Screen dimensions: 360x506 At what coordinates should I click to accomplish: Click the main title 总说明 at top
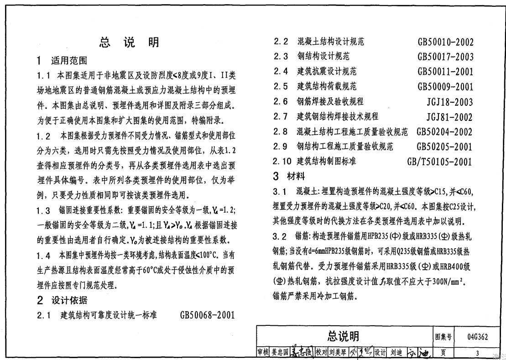pos(129,42)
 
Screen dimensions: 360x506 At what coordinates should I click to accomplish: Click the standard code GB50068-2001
pos(207,315)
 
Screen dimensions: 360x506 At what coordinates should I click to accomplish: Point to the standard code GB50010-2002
pos(445,42)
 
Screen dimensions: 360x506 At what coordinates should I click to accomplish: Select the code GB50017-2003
pos(445,57)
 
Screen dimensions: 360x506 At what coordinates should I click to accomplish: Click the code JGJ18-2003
pos(449,102)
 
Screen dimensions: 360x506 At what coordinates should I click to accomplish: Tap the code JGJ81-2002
pos(449,117)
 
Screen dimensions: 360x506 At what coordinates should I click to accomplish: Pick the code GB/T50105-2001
pos(440,162)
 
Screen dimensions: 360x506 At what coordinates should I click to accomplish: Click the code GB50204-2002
pos(444,132)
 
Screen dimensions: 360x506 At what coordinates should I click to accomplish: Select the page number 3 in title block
pos(477,353)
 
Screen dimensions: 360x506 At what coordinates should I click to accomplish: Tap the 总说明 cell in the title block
pos(343,337)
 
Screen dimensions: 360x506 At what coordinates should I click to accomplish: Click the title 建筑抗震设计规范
pos(327,72)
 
